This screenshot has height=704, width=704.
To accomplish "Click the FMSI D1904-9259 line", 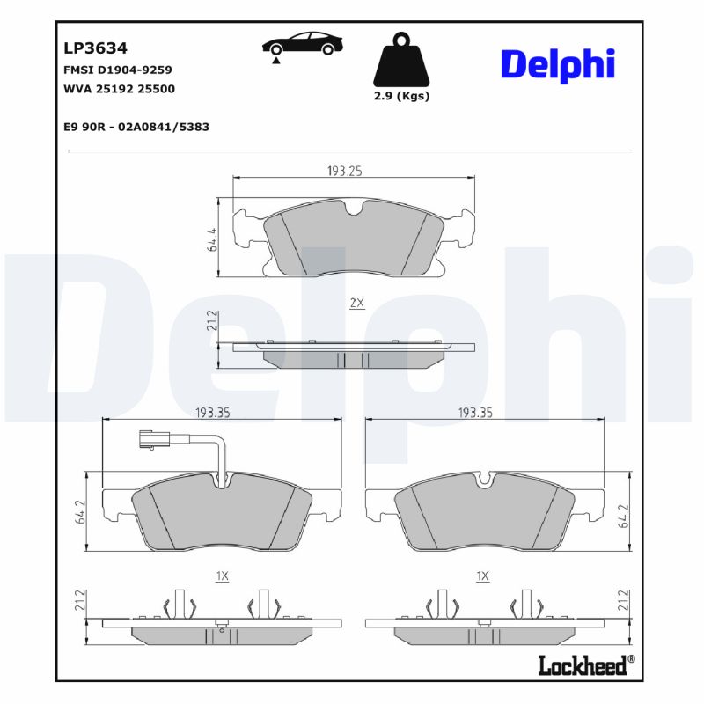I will [117, 69].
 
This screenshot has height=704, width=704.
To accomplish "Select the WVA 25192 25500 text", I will [119, 89].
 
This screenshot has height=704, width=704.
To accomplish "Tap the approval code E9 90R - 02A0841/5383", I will [136, 127].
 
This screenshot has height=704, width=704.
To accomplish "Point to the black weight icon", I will [401, 61].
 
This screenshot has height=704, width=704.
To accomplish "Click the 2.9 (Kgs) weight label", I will [401, 96].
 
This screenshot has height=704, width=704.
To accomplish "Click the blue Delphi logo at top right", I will [557, 64].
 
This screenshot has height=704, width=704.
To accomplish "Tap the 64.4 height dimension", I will [212, 240].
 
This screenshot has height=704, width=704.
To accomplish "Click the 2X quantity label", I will [356, 303].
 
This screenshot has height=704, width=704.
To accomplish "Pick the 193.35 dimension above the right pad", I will [476, 412].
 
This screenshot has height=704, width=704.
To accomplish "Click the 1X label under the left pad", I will [222, 576].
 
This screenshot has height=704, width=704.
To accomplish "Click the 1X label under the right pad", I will [481, 576].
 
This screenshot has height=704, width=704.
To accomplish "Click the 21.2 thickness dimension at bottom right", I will [623, 602].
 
